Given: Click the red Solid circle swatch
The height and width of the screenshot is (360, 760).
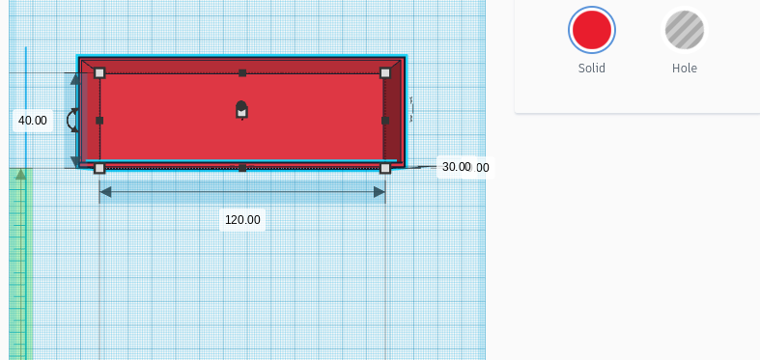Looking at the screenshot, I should pyautogui.click(x=591, y=30).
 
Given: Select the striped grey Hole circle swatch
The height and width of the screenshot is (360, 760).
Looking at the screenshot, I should pyautogui.click(x=684, y=30).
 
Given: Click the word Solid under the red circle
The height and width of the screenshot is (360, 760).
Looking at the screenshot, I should pyautogui.click(x=591, y=69).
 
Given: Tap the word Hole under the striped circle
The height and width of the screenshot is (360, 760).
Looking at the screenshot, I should pyautogui.click(x=684, y=69).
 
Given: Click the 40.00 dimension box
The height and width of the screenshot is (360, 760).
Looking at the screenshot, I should pyautogui.click(x=33, y=121).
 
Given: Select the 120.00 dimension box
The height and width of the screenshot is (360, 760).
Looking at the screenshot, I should pyautogui.click(x=242, y=220).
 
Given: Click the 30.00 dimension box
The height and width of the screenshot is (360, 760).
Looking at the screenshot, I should pyautogui.click(x=456, y=167).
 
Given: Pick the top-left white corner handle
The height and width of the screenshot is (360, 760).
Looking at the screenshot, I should pyautogui.click(x=99, y=73).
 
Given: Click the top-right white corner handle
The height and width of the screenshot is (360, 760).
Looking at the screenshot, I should pyautogui.click(x=385, y=73).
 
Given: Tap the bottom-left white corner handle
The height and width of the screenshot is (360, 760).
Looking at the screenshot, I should pyautogui.click(x=99, y=168).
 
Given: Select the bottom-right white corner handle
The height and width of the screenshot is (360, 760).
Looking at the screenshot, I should pyautogui.click(x=385, y=168).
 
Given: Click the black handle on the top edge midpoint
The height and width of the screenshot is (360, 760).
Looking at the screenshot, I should pyautogui.click(x=242, y=73).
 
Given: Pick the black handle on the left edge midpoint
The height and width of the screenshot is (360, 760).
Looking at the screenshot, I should pyautogui.click(x=99, y=121).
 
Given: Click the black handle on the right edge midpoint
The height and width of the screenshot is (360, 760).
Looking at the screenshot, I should pyautogui.click(x=385, y=121).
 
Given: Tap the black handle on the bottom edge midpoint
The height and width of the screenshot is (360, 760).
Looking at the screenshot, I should pyautogui.click(x=242, y=168).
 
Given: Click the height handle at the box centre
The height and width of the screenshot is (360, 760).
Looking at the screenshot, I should pyautogui.click(x=241, y=111).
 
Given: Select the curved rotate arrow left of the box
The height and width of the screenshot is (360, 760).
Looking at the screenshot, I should pyautogui.click(x=71, y=120).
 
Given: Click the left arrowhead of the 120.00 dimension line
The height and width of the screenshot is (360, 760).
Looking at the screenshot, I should pyautogui.click(x=105, y=192).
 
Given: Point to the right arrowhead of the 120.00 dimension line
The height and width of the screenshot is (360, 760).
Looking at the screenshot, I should pyautogui.click(x=380, y=192).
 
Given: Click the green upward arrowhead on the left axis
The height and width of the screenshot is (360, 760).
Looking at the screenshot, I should pyautogui.click(x=19, y=174).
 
